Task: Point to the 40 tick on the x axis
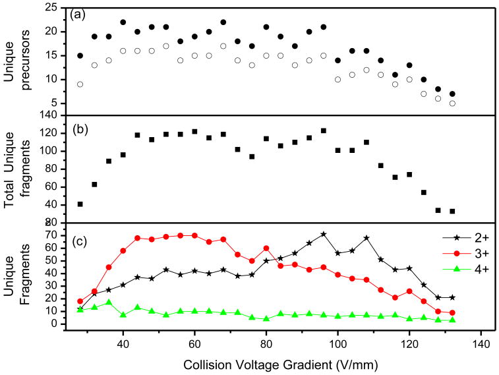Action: point(123,343)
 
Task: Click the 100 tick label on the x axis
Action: point(338,343)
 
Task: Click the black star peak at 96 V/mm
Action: point(323,234)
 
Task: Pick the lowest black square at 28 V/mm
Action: point(80,204)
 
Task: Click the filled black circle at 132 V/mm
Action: point(452,94)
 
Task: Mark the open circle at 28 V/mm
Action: point(80,84)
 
